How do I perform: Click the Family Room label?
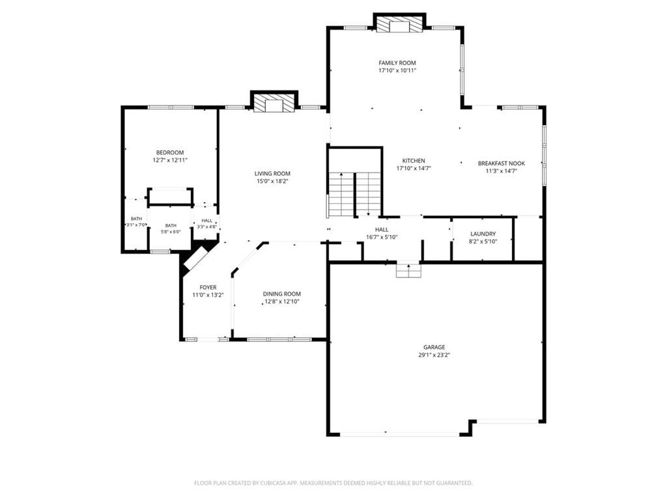397,63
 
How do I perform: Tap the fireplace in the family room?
399,24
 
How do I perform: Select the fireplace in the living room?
274,102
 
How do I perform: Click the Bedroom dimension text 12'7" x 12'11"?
170,160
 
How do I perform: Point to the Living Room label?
272,173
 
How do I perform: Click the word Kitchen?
414,161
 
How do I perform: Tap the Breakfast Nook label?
502,163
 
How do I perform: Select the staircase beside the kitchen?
355,194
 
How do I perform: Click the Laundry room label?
483,234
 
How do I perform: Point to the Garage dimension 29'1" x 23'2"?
434,355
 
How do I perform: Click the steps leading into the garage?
408,271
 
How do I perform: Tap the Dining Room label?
281,294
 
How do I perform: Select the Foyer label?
208,287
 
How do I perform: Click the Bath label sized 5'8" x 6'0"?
171,225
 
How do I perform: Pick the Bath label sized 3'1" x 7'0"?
137,219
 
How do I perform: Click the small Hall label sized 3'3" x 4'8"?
206,221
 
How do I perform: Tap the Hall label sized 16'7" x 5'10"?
382,230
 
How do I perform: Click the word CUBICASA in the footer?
284,483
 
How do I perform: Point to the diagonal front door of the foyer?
195,258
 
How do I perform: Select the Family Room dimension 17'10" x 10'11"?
397,70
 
